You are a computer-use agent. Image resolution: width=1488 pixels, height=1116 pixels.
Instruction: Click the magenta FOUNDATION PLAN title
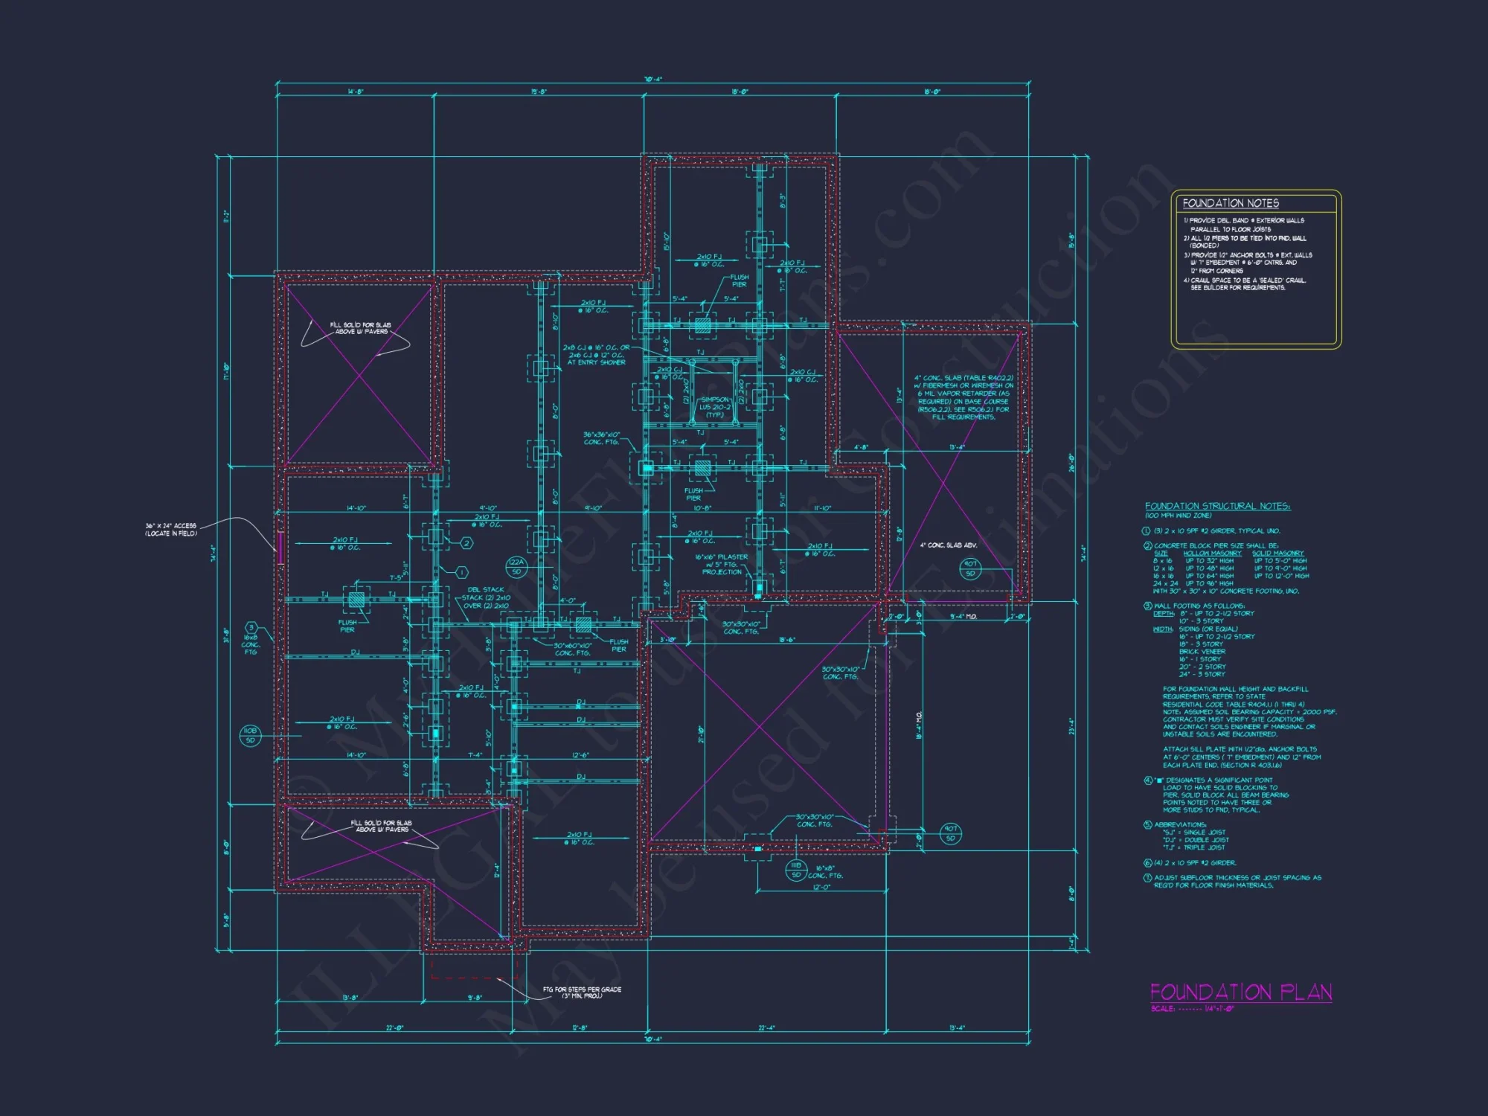point(1240,992)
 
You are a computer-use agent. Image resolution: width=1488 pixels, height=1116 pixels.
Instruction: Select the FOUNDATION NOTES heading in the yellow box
point(1231,203)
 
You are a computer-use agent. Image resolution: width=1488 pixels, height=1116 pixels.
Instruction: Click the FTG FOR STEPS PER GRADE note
point(582,992)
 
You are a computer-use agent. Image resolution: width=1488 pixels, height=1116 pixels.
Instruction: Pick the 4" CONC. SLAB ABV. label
point(949,545)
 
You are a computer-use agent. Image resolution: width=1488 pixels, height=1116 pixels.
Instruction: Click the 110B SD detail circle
point(250,736)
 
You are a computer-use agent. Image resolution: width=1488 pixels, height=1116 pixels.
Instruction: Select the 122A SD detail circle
point(516,567)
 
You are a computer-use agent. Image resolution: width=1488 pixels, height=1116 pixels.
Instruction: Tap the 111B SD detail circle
point(796,870)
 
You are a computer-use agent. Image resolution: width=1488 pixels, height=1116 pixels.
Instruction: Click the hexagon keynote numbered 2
point(466,543)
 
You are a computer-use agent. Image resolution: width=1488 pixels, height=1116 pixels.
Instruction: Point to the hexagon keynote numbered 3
point(251,628)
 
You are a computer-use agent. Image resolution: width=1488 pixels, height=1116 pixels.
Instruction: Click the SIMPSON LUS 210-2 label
point(714,407)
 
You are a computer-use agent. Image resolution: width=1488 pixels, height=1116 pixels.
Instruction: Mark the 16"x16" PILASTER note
point(722,564)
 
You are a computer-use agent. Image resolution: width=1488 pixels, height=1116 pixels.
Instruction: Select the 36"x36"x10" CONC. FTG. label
point(601,438)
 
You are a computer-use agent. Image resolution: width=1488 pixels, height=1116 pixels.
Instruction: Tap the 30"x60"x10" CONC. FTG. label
point(573,649)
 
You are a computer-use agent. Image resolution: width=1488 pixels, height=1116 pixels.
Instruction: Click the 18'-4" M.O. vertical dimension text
point(920,725)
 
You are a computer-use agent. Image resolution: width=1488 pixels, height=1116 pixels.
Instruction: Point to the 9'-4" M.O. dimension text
point(963,616)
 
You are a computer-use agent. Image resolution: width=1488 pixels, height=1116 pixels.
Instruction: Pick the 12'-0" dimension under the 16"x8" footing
point(821,887)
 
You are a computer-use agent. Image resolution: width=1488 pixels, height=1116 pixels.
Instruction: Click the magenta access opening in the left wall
point(280,548)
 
